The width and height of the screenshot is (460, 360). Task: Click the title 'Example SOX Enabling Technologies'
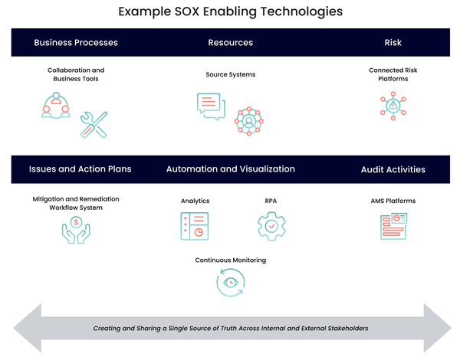(230, 12)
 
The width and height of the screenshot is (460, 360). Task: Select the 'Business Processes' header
(76, 42)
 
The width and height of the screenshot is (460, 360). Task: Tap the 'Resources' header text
(230, 42)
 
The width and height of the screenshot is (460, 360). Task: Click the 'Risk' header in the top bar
(393, 42)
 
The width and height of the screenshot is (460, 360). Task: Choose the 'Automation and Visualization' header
(230, 169)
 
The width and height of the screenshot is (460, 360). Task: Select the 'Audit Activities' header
(393, 169)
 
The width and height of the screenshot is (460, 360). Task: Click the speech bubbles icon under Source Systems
(211, 106)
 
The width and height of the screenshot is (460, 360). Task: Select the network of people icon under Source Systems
(249, 121)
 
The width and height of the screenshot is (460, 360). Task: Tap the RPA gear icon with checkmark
(271, 226)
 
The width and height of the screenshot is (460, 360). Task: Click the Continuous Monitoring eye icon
(230, 282)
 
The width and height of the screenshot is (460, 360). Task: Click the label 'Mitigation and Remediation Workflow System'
(76, 203)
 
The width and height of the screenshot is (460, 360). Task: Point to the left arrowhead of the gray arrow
(27, 328)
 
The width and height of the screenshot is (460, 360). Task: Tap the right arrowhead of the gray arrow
(437, 328)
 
